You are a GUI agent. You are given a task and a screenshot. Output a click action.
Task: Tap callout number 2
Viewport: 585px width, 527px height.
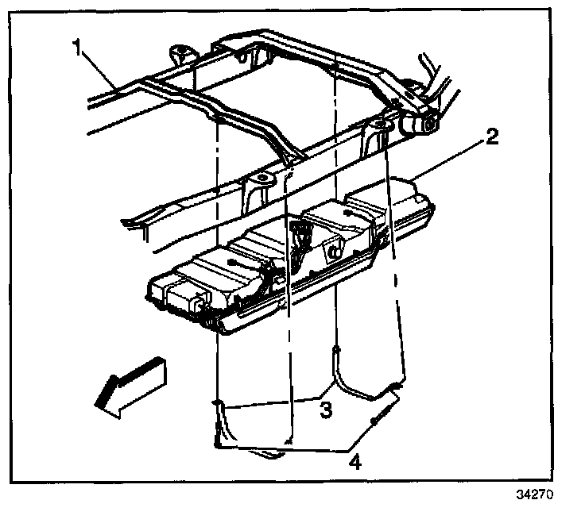tap(492, 137)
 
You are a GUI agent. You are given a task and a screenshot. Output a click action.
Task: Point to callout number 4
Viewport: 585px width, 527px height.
tap(355, 460)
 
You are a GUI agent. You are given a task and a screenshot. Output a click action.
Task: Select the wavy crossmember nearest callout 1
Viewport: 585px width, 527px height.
tap(238, 111)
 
